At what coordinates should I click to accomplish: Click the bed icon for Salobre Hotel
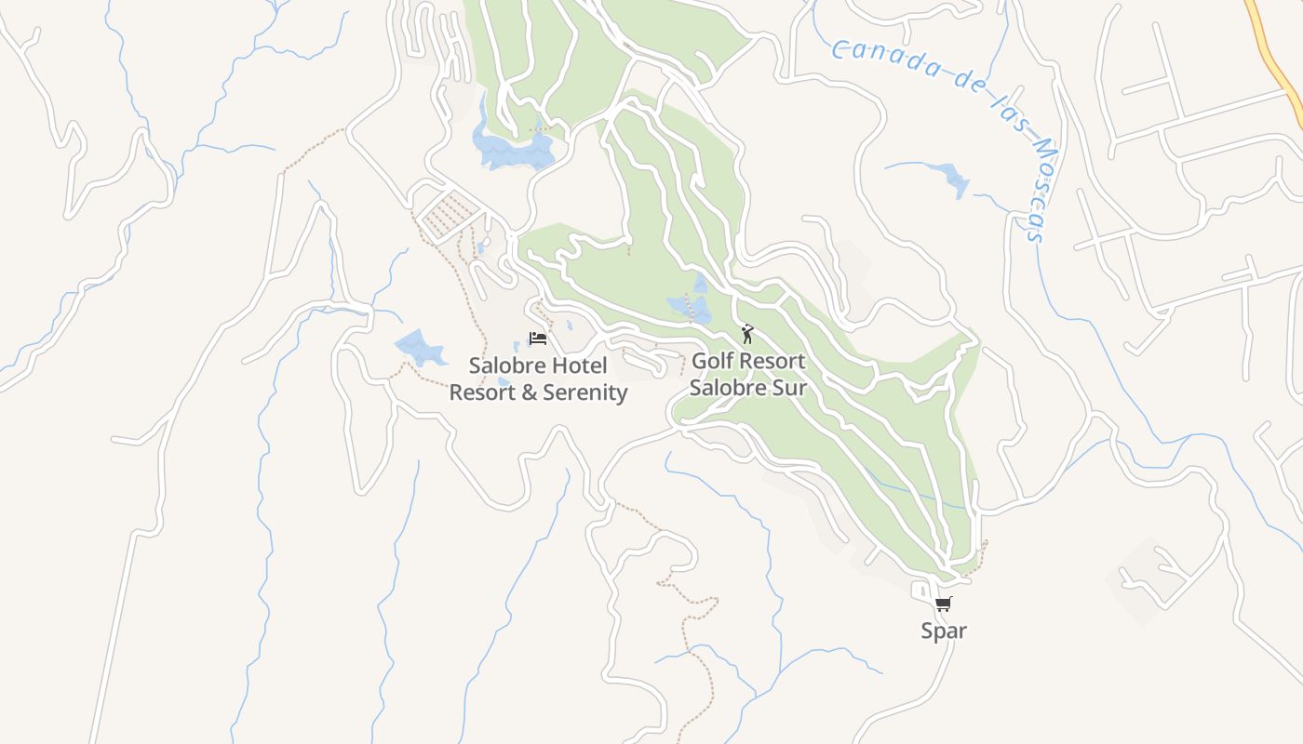[537, 338]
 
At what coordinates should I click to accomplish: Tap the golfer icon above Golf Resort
[746, 334]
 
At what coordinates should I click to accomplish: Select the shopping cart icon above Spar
[944, 604]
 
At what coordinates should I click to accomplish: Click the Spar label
[944, 631]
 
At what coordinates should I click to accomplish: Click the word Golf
[715, 360]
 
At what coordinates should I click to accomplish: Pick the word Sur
[787, 387]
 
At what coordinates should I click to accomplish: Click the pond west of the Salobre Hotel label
[420, 347]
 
